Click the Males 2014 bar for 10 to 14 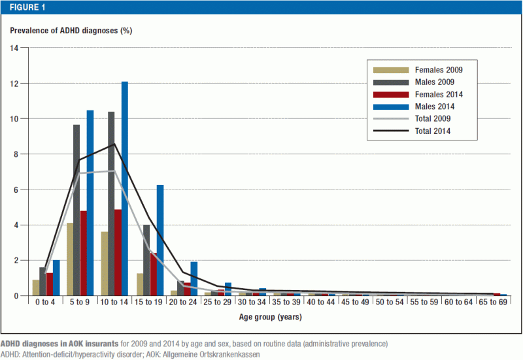(x=125, y=189)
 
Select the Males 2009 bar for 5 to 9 (x=76, y=210)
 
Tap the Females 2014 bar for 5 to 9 (x=84, y=254)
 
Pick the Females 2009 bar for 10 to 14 (x=105, y=264)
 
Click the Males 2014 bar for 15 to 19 (x=160, y=240)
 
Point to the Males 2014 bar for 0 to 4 (x=56, y=278)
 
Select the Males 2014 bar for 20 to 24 (x=194, y=279)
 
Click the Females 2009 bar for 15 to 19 (x=140, y=285)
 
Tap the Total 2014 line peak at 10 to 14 (x=114, y=144)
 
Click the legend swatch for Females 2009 (x=391, y=70)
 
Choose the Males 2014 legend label (x=435, y=106)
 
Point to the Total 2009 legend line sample (x=391, y=119)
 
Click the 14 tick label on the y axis (x=14, y=48)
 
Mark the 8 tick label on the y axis (x=16, y=154)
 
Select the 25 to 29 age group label (x=217, y=302)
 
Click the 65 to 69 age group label (x=493, y=302)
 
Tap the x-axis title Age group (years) (x=271, y=317)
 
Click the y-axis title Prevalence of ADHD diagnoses (x=64, y=31)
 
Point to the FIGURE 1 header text (x=27, y=7)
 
